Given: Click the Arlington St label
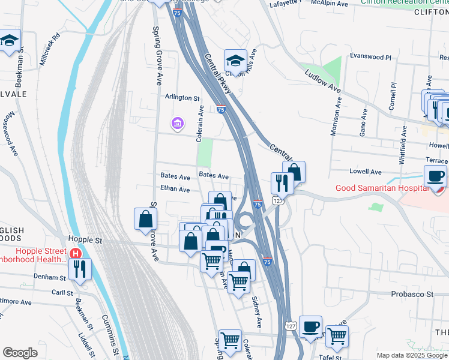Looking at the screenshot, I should coord(182,97).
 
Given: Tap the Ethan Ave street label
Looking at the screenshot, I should coord(175,190).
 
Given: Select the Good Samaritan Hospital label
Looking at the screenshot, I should coord(381,188).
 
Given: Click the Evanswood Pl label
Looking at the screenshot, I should coord(370,58).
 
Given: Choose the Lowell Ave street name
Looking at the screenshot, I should coord(366,171).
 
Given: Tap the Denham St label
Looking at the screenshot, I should coord(50,278).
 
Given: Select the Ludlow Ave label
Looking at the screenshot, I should coord(322,81).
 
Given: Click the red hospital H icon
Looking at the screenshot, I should coord(76,253).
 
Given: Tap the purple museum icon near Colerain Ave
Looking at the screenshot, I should coord(177,124).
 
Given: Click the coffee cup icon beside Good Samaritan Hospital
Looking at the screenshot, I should coord(435,175).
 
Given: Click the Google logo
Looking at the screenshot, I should coord(20,353).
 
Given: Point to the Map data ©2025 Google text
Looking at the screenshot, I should coord(411,355).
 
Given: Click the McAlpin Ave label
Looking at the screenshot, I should coord(330,4).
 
